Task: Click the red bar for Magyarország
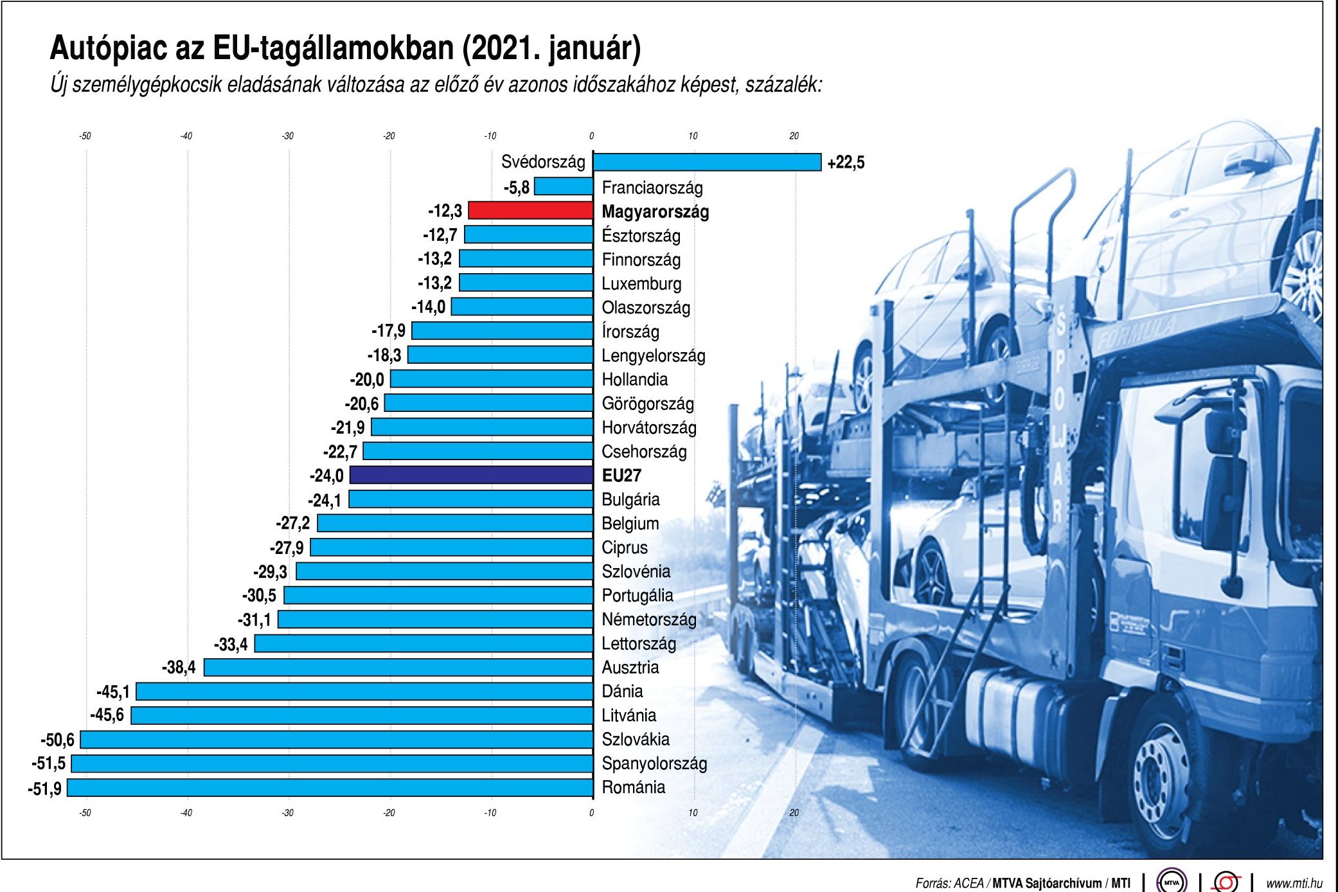(x=531, y=211)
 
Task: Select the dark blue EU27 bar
(x=471, y=476)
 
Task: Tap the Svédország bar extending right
(x=707, y=162)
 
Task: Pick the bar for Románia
(x=330, y=788)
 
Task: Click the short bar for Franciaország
(x=564, y=187)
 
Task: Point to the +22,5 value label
(x=846, y=163)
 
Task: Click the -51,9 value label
(x=45, y=789)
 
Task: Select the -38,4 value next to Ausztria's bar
(x=179, y=668)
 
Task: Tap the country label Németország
(x=649, y=620)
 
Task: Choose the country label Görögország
(x=648, y=404)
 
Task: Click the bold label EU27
(x=621, y=476)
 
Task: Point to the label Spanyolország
(x=654, y=763)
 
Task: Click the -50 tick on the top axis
(x=85, y=136)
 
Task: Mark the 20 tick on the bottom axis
(x=794, y=813)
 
